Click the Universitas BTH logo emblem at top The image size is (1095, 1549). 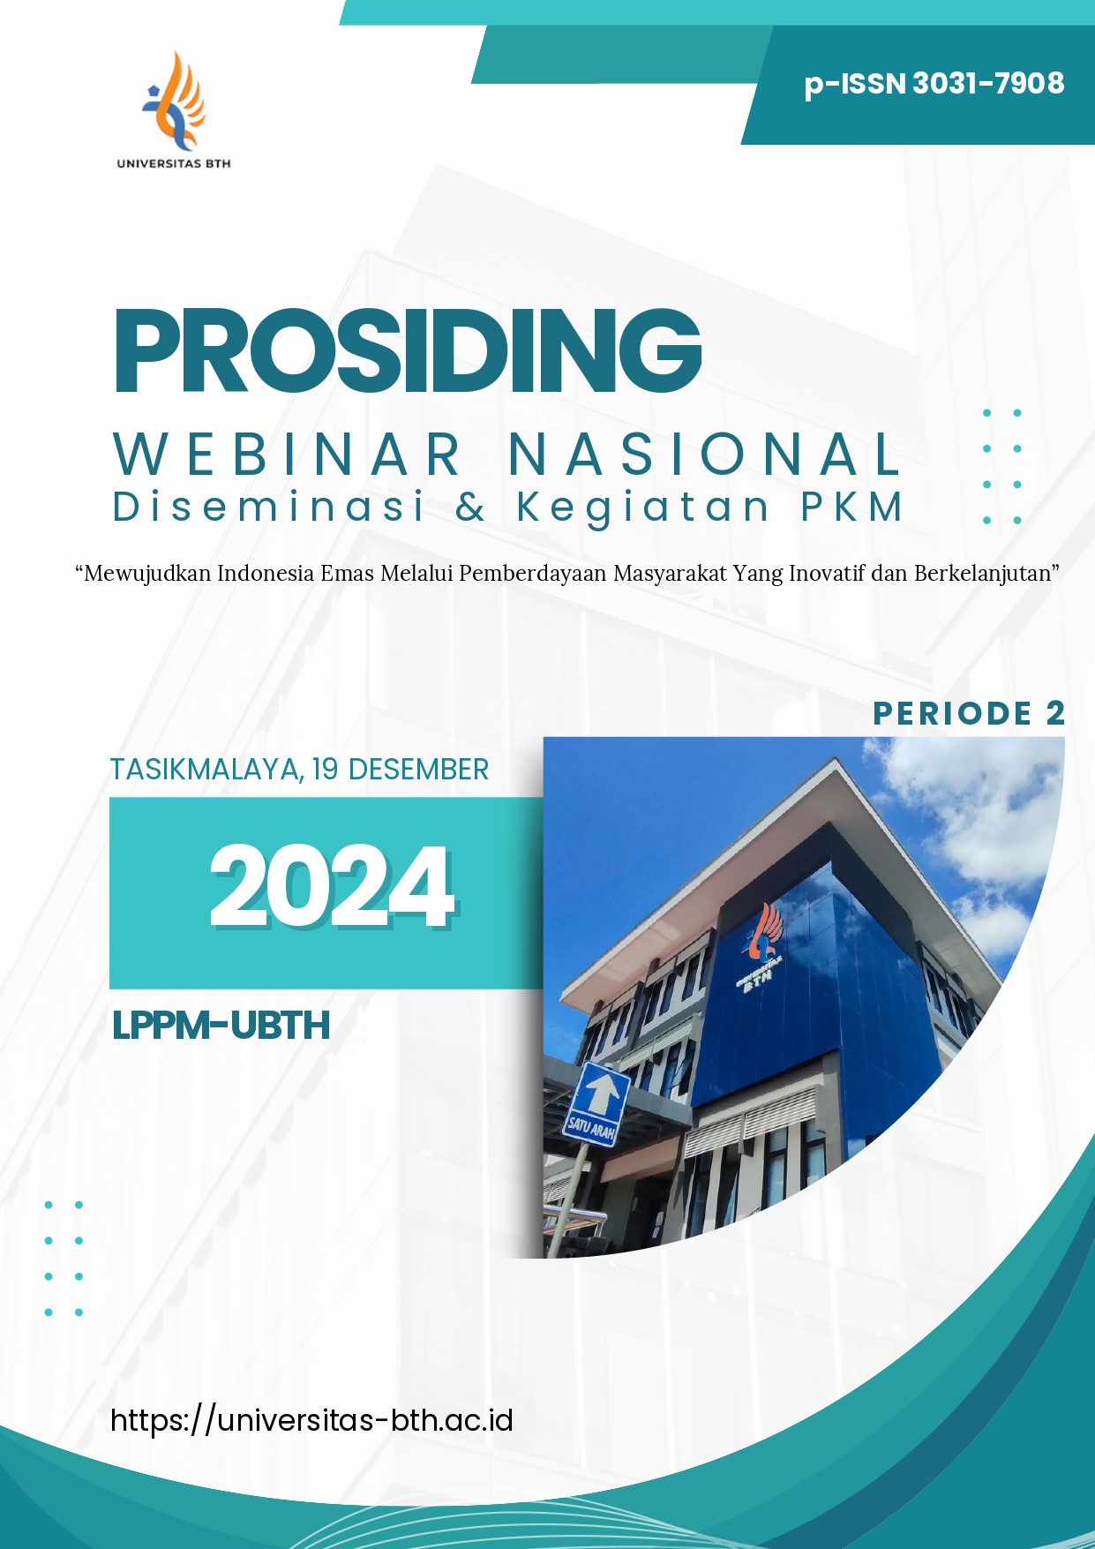tap(174, 100)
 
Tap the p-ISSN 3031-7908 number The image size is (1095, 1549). tap(934, 84)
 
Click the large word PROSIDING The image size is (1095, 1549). tap(408, 350)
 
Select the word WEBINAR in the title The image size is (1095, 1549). tap(288, 455)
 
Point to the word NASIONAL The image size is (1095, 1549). tap(705, 455)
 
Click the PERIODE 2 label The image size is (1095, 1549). tap(969, 713)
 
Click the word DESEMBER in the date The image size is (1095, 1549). tap(418, 770)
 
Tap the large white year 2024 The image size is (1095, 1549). tap(332, 886)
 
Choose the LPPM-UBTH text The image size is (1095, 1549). tap(221, 1026)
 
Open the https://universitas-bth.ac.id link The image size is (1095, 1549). tap(311, 1420)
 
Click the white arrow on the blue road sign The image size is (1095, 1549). tap(602, 1092)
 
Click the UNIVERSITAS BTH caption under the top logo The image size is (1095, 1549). tap(174, 163)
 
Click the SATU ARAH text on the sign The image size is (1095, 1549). tap(591, 1127)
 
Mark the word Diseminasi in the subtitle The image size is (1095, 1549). tap(269, 507)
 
